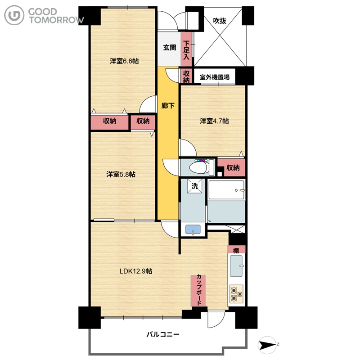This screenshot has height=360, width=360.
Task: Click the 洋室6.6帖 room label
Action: click(x=124, y=61)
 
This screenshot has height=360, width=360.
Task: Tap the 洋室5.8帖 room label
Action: click(x=121, y=174)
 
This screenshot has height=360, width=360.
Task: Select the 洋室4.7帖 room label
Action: click(x=214, y=121)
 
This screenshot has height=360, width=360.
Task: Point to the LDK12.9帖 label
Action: click(x=136, y=271)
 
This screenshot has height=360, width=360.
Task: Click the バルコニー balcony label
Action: click(x=163, y=334)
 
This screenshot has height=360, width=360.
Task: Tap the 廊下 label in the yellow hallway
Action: click(x=168, y=106)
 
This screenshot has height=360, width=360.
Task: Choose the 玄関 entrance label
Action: click(x=170, y=48)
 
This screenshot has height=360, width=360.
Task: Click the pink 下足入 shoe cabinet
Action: click(x=186, y=49)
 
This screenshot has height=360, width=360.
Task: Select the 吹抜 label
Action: click(x=220, y=21)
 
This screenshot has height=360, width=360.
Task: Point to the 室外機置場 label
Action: click(x=215, y=77)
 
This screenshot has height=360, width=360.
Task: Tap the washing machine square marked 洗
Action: click(x=195, y=186)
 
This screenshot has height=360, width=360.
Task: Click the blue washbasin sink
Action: click(x=193, y=229)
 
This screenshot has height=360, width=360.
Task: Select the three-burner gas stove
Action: click(x=236, y=294)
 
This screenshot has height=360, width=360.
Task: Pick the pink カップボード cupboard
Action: click(x=198, y=291)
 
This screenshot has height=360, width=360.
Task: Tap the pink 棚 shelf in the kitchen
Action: click(x=236, y=250)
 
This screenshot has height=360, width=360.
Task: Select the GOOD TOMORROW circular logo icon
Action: click(x=14, y=15)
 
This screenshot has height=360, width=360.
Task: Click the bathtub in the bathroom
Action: click(x=226, y=189)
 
